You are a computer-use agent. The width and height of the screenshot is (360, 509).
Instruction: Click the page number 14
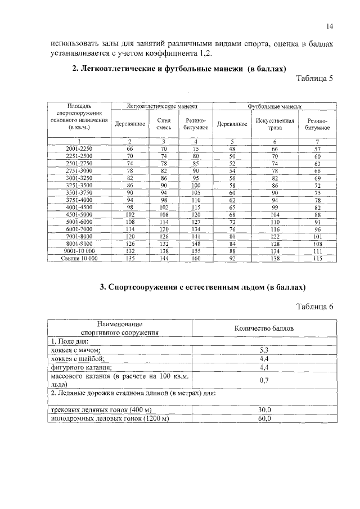tap(330, 26)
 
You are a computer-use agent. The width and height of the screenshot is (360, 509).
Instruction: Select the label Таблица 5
tap(315, 78)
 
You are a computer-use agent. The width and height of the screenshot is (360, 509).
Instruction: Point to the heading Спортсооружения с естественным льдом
tap(202, 287)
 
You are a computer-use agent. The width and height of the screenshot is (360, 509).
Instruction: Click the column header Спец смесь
tap(164, 124)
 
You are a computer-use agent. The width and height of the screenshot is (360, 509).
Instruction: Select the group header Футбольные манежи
tap(274, 106)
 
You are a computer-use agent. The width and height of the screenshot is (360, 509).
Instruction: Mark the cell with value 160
tap(196, 258)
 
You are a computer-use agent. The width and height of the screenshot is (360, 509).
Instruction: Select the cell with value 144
tap(164, 258)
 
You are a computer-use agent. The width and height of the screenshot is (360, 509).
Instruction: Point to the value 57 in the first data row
tap(317, 148)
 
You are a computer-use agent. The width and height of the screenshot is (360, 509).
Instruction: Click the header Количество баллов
tap(263, 328)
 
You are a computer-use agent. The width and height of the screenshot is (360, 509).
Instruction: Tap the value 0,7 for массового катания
tap(263, 380)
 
